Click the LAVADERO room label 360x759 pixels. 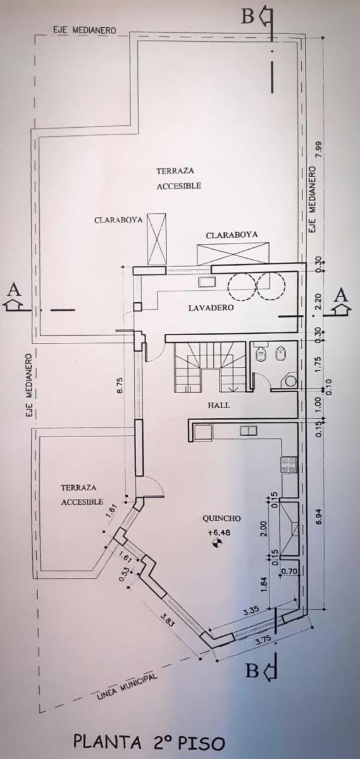211,307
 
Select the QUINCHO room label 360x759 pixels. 221,518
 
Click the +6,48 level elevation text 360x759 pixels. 220,533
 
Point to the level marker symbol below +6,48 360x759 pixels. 215,543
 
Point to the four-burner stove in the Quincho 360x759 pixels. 288,465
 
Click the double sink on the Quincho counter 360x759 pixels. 248,431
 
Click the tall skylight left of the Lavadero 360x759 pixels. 157,239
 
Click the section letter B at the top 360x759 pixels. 248,16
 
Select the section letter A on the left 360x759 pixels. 13,290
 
